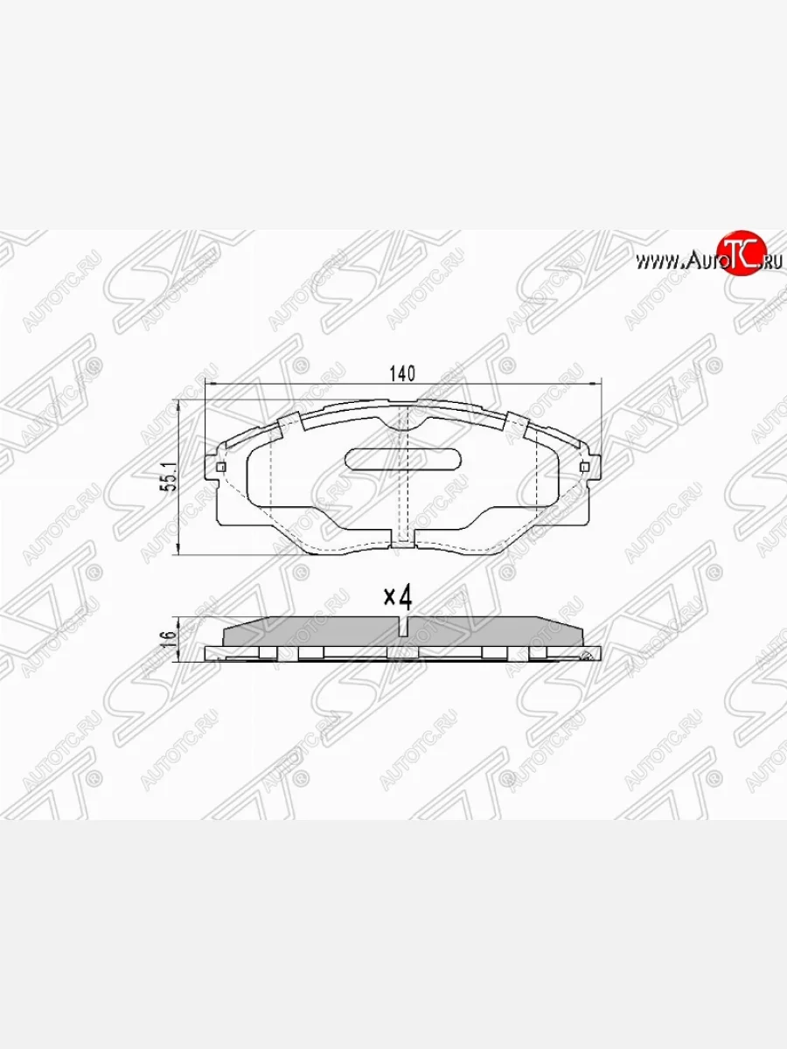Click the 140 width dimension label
coord(401,373)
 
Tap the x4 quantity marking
coord(398,597)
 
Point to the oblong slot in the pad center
coord(403,458)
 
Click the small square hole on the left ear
coord(219,467)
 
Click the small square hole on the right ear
coord(584,467)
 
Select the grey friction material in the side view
coord(315,632)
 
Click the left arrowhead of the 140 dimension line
coord(210,384)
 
